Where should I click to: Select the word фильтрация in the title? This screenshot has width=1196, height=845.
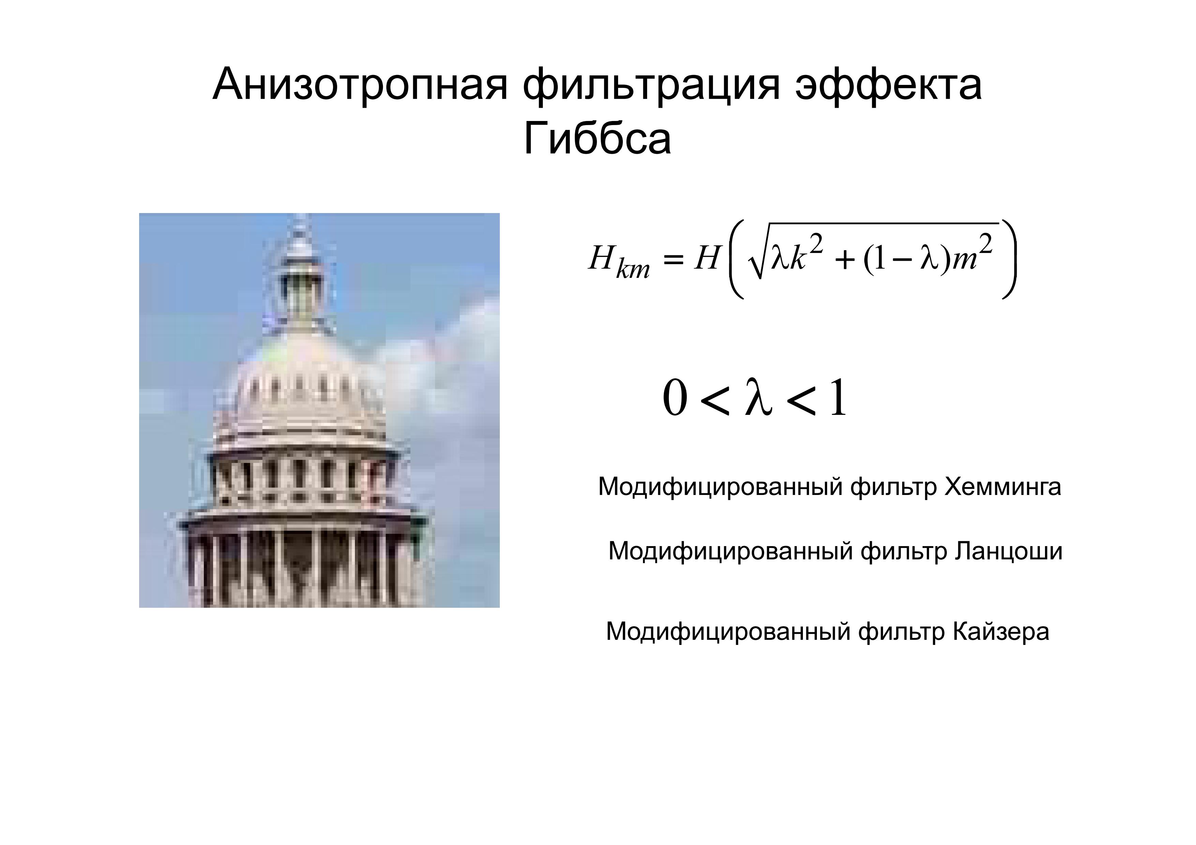point(652,85)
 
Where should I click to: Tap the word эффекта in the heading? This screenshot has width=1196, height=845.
point(888,85)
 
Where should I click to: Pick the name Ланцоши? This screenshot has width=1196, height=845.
point(1008,552)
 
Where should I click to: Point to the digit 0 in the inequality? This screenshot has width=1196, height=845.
point(675,398)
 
